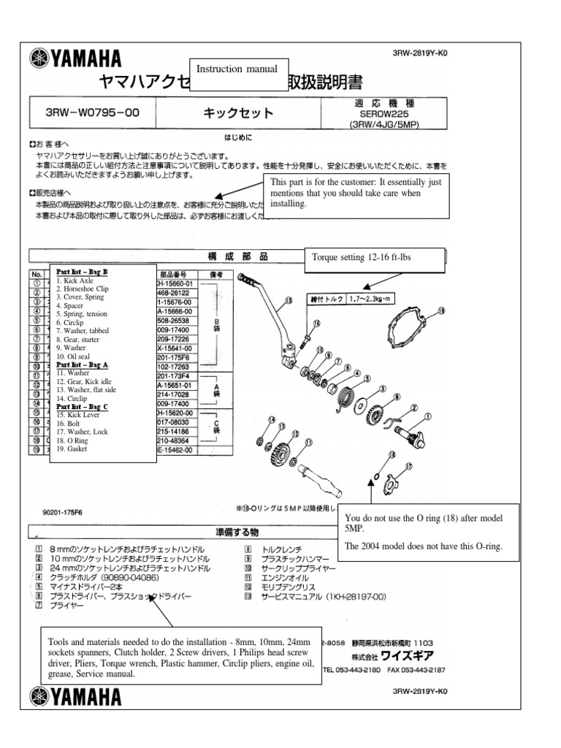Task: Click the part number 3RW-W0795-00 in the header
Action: coord(92,113)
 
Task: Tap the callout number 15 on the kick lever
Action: coord(289,299)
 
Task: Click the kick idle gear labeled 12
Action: coord(281,454)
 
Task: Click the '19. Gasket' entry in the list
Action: coord(72,449)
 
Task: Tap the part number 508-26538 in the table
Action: coord(173,319)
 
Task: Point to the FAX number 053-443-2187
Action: coord(418,669)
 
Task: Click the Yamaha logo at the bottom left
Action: coord(75,696)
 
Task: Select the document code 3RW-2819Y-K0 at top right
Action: coord(419,53)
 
